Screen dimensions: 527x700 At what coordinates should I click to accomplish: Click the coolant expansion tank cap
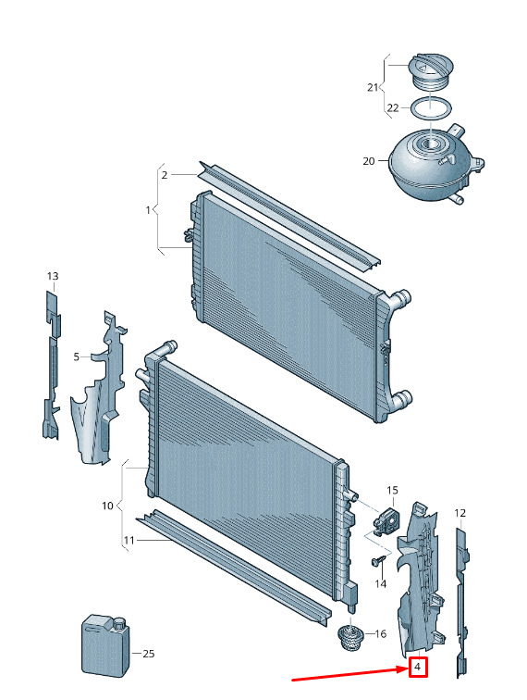(x=431, y=72)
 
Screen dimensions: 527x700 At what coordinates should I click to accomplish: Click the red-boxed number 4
(x=418, y=667)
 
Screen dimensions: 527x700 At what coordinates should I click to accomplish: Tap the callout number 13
(x=53, y=276)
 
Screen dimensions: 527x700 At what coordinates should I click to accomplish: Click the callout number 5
(x=76, y=356)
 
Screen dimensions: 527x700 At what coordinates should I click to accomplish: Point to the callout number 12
(x=460, y=513)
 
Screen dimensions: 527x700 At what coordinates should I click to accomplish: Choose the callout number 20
(x=369, y=161)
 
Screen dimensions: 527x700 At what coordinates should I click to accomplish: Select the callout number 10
(x=107, y=506)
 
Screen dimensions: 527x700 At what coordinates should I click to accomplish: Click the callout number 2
(x=164, y=175)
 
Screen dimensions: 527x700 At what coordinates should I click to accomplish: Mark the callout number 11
(x=129, y=541)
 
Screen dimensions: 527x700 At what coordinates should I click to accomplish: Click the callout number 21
(x=373, y=87)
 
